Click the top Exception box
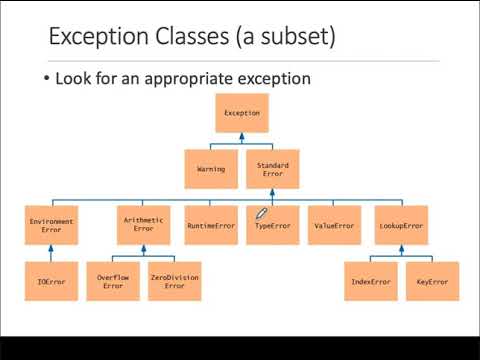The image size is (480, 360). (242, 113)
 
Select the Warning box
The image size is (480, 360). (211, 169)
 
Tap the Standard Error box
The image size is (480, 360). (272, 169)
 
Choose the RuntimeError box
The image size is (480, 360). (211, 225)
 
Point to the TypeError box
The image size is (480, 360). (272, 225)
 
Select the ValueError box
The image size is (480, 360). (334, 225)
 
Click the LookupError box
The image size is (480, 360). (402, 225)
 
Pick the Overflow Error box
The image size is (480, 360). (113, 281)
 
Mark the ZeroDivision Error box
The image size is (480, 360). (175, 281)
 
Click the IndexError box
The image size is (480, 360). (370, 281)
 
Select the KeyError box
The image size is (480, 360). (432, 281)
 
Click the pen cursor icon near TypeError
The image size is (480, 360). (262, 213)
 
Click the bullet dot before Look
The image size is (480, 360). (46, 78)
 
